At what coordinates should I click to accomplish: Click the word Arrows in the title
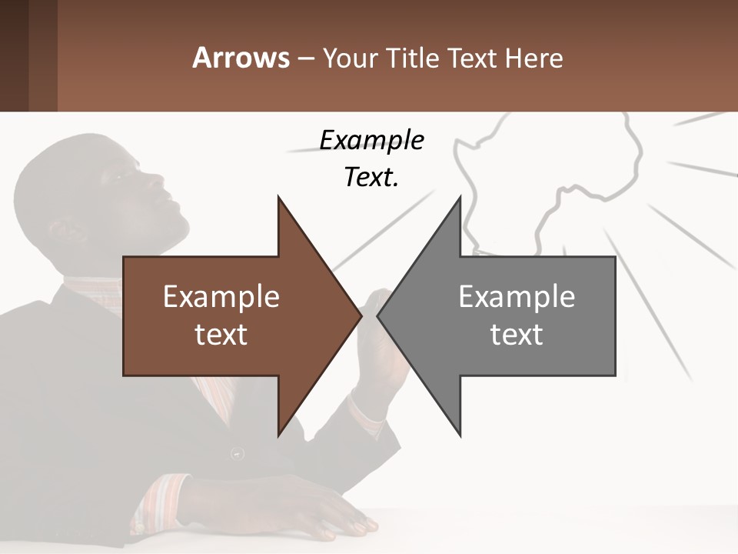[x=240, y=58]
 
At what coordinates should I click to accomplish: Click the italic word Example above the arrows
[x=371, y=140]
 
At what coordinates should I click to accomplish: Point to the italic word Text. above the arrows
[x=371, y=177]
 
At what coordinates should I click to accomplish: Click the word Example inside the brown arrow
[x=221, y=296]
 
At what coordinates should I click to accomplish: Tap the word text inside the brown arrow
[x=221, y=334]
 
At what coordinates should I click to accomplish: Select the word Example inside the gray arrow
[x=517, y=296]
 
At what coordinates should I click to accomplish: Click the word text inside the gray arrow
[x=517, y=334]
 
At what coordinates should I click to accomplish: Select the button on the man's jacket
[x=237, y=453]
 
